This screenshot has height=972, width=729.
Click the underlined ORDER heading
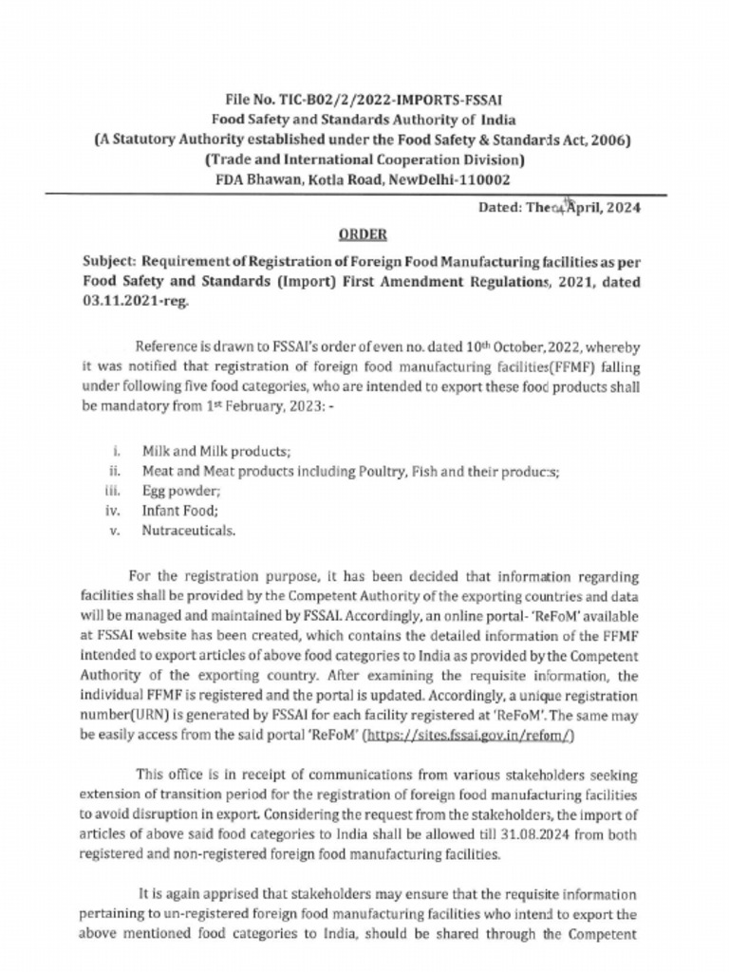[x=364, y=234]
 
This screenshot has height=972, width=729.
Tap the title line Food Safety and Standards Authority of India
[x=364, y=121]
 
